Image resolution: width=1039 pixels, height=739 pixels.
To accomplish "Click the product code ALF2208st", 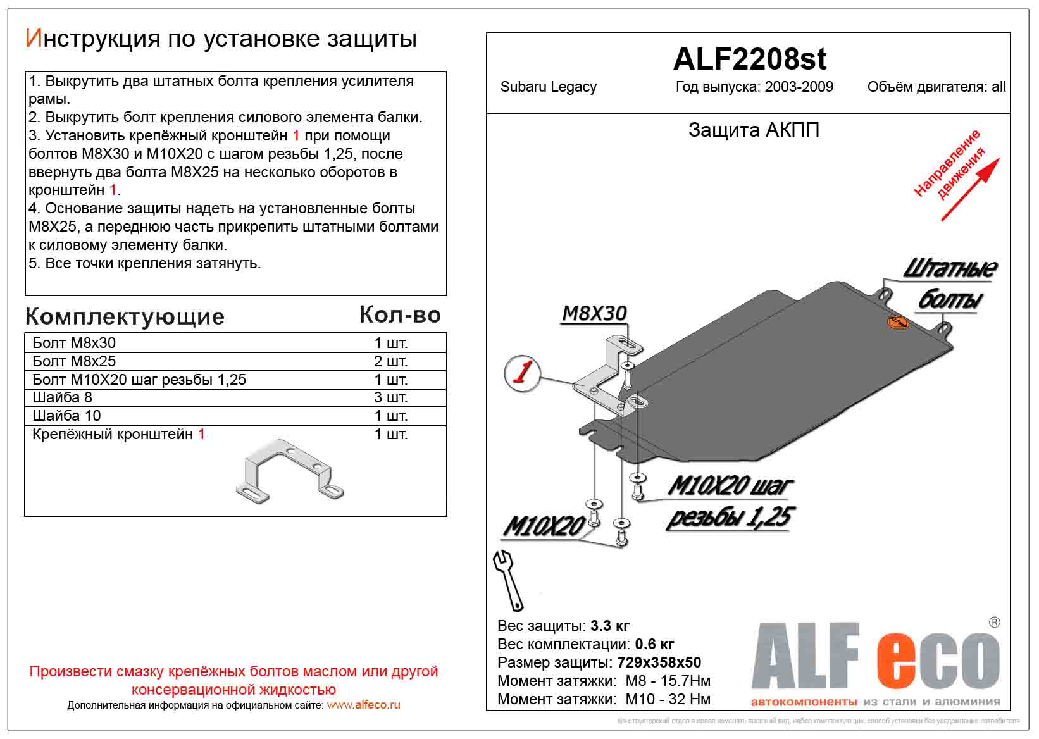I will coord(749,59).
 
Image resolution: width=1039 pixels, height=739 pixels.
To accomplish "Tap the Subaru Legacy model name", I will coord(548,87).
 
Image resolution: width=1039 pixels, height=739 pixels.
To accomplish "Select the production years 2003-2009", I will coord(799,87).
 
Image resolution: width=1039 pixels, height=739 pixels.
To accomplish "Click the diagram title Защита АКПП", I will coord(754,130).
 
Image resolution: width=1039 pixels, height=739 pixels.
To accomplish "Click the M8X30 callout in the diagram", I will coord(594,313).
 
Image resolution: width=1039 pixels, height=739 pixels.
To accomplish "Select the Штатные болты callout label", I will coord(949,284).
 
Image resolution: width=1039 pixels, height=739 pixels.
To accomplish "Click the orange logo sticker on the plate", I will coord(897,323).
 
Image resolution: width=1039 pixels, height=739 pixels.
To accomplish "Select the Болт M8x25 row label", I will coord(74,361).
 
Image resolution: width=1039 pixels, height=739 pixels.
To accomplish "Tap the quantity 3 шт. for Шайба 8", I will coord(390,397).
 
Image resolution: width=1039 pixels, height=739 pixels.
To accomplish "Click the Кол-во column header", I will coord(399,314).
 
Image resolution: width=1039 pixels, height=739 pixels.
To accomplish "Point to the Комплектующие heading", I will coord(125,316).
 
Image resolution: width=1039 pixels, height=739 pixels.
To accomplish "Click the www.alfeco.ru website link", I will coord(363,705).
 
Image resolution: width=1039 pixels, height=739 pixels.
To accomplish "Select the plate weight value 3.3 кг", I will coord(609,626).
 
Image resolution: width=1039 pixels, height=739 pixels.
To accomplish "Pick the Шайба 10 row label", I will coord(66,416).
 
